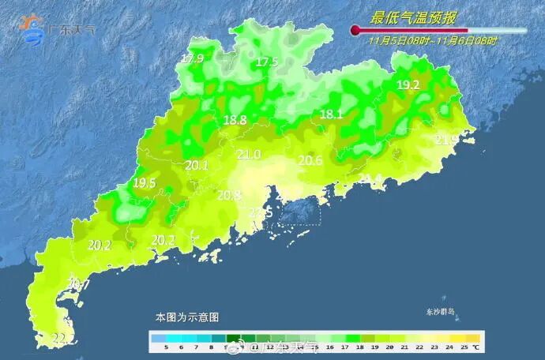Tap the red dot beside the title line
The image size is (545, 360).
pyautogui.click(x=355, y=31)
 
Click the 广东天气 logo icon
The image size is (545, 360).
pyautogui.click(x=34, y=29)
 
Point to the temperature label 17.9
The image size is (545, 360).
pyautogui.click(x=192, y=59)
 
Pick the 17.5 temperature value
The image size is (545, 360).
pyautogui.click(x=267, y=62)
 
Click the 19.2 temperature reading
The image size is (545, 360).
pyautogui.click(x=408, y=85)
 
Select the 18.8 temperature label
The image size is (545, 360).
pyautogui.click(x=235, y=120)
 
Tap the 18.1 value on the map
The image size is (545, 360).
pyautogui.click(x=331, y=114)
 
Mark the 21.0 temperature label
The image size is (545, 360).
pyautogui.click(x=249, y=154)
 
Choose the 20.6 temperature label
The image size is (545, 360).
pyautogui.click(x=310, y=160)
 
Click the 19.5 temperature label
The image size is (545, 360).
pyautogui.click(x=144, y=182)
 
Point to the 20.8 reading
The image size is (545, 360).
pyautogui.click(x=229, y=195)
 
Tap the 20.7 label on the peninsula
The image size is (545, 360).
pyautogui.click(x=78, y=284)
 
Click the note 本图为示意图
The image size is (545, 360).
pyautogui.click(x=186, y=317)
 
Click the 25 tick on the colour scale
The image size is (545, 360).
pyautogui.click(x=464, y=347)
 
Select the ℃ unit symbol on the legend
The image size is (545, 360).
pyautogui.click(x=475, y=347)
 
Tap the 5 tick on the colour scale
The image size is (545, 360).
pyautogui.click(x=166, y=347)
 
